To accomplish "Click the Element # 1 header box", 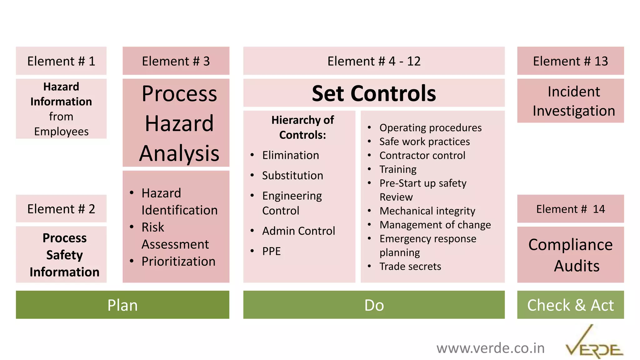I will pyautogui.click(x=61, y=61).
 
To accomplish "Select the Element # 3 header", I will pyautogui.click(x=176, y=61).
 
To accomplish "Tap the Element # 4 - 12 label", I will pyautogui.click(x=374, y=61).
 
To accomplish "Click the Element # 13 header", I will pyautogui.click(x=570, y=61).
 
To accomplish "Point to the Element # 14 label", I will pyautogui.click(x=570, y=209).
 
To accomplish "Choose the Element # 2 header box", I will pyautogui.click(x=61, y=209).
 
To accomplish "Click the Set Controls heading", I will pyautogui.click(x=374, y=93).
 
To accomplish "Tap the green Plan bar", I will pyautogui.click(x=122, y=305).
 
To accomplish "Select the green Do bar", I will pyautogui.click(x=374, y=305).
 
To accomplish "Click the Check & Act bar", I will pyautogui.click(x=570, y=305).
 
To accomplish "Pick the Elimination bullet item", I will pyautogui.click(x=290, y=155).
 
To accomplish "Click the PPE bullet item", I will pyautogui.click(x=271, y=251).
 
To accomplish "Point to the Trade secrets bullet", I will pyautogui.click(x=410, y=267).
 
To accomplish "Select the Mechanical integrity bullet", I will pyautogui.click(x=427, y=211).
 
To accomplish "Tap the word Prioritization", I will pyautogui.click(x=178, y=262).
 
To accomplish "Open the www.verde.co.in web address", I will pyautogui.click(x=490, y=348).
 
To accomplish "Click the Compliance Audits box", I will pyautogui.click(x=570, y=255).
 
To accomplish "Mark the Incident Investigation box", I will pyautogui.click(x=570, y=101).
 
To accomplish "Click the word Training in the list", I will pyautogui.click(x=398, y=169).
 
